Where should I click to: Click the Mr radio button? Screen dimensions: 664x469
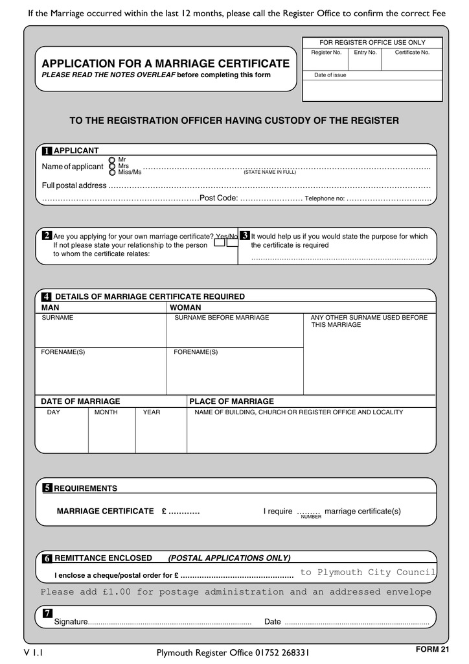click(112, 160)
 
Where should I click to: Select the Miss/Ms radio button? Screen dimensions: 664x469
click(112, 172)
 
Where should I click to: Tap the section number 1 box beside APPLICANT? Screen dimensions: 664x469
click(47, 151)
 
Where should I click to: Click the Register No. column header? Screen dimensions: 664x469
click(326, 53)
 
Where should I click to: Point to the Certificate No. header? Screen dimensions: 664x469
click(412, 53)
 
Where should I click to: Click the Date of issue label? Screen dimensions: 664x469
click(330, 75)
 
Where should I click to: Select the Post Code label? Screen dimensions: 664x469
click(219, 198)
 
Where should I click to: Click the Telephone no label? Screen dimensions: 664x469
click(325, 199)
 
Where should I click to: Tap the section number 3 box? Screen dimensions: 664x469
click(244, 235)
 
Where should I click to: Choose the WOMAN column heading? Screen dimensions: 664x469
click(185, 307)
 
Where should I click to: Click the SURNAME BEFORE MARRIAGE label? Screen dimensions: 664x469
click(222, 318)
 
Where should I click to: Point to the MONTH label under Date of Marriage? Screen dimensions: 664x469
click(106, 412)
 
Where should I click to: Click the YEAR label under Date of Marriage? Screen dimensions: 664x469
click(152, 412)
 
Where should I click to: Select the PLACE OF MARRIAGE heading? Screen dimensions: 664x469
click(231, 401)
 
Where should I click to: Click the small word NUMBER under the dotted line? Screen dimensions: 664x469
click(311, 517)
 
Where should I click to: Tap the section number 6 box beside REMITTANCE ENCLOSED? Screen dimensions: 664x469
click(47, 558)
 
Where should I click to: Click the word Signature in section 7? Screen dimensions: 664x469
click(71, 622)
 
